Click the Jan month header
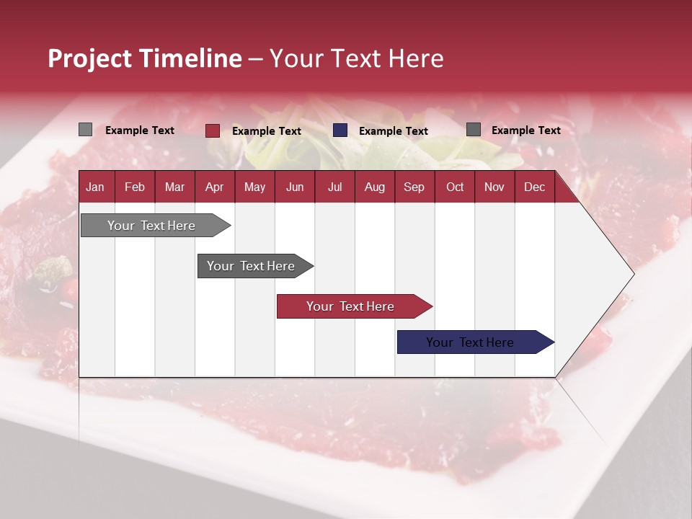[95, 187]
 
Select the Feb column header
[135, 187]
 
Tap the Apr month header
[214, 187]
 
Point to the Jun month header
[295, 187]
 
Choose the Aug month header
[374, 187]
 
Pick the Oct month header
[455, 187]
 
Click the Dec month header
[534, 187]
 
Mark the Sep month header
[414, 187]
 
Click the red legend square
[213, 130]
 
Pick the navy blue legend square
[340, 130]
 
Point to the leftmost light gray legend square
[86, 130]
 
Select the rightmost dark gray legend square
[474, 130]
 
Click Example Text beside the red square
[267, 131]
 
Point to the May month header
[254, 187]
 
